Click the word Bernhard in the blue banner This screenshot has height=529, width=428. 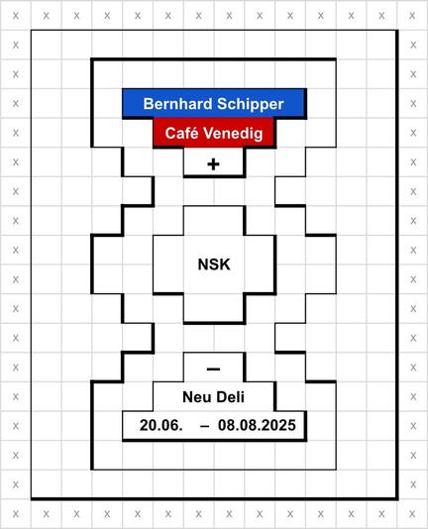click(x=177, y=104)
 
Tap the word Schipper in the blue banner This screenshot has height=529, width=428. click(x=250, y=105)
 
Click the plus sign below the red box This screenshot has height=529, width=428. click(x=213, y=164)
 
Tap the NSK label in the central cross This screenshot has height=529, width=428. click(x=214, y=264)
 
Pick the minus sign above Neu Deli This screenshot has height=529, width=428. click(x=213, y=370)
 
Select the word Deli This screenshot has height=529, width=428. click(x=231, y=397)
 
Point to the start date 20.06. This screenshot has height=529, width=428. click(x=161, y=425)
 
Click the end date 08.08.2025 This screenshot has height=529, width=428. click(x=257, y=425)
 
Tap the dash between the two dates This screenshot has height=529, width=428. click(x=204, y=426)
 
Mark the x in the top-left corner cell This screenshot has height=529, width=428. click(x=16, y=16)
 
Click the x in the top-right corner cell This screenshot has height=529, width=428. click(x=412, y=16)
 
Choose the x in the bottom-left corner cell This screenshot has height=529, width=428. click(x=16, y=514)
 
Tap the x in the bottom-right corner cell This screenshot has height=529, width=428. click(x=412, y=514)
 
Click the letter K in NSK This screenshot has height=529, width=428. click(x=225, y=264)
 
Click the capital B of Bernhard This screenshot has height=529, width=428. click(x=149, y=104)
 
